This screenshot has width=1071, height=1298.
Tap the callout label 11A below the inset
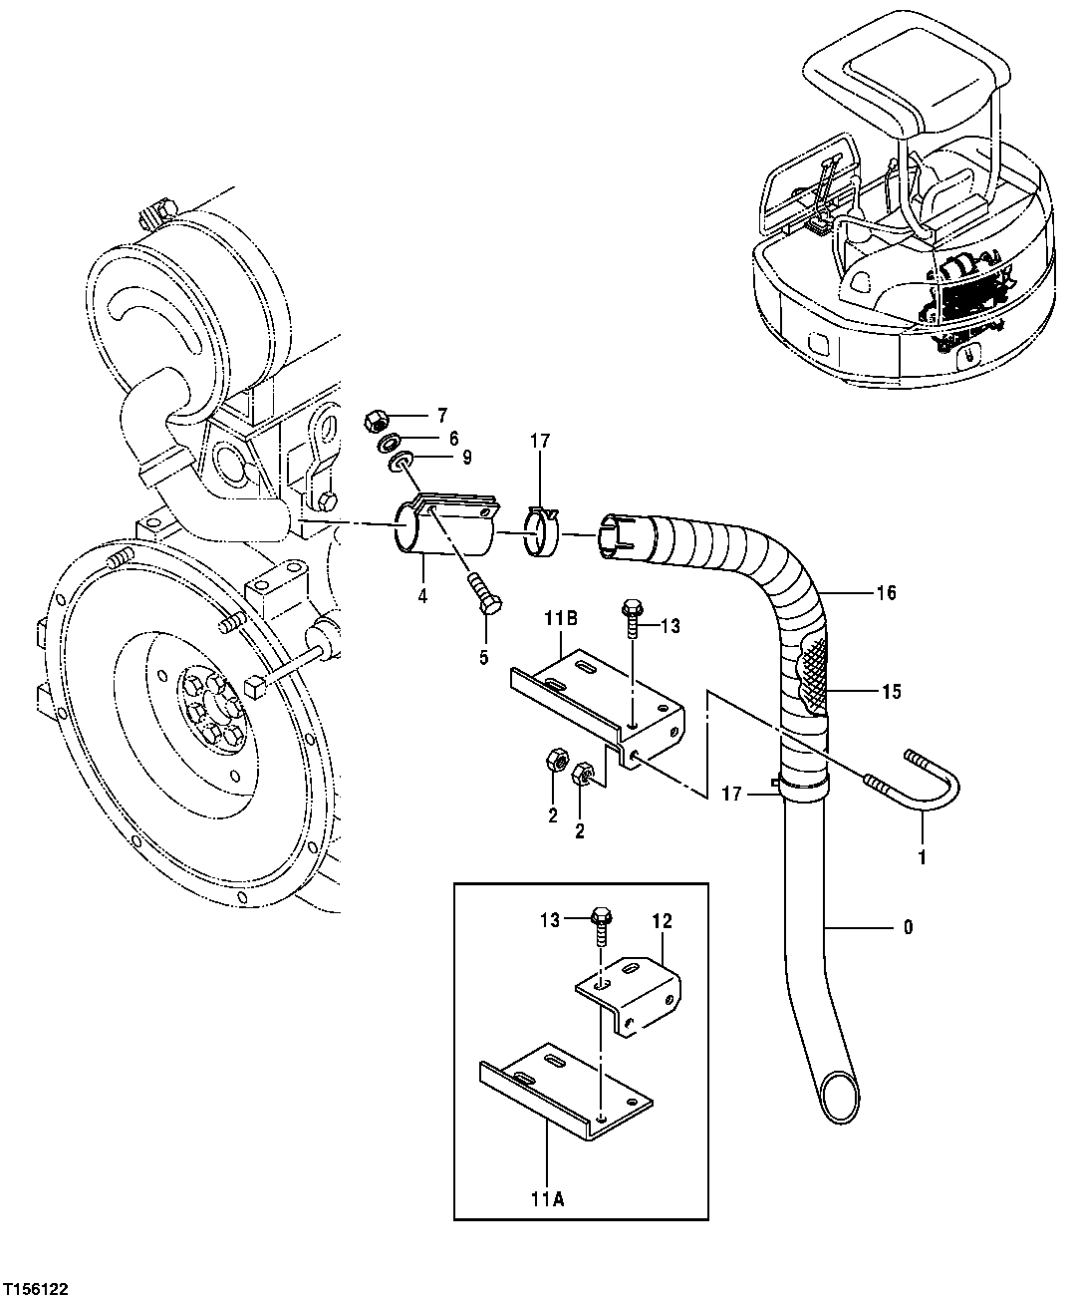point(548,1202)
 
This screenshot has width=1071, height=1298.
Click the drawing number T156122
point(41,1282)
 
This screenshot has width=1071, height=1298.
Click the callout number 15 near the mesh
point(890,690)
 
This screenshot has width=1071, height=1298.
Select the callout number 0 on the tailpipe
point(907,927)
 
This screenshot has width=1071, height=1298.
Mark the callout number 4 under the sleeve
point(422,597)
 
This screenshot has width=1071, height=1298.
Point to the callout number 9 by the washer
point(466,457)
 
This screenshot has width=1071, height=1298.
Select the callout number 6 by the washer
point(453,437)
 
